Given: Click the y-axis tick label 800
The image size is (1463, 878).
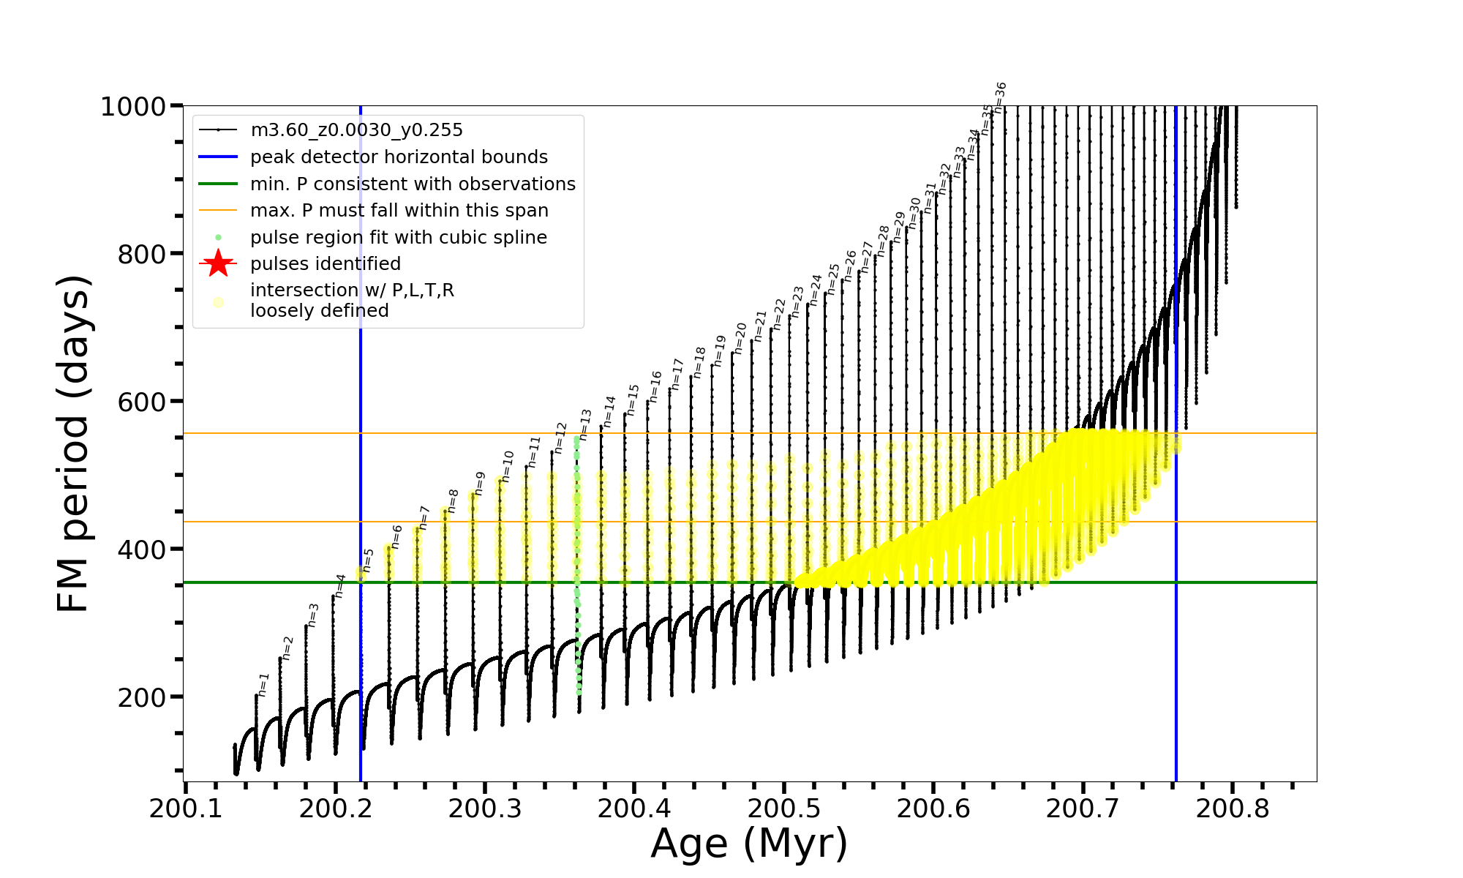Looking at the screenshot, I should (141, 255).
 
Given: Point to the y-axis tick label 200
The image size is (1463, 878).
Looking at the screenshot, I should (141, 698).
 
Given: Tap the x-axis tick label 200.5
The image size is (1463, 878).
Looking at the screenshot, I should (783, 808).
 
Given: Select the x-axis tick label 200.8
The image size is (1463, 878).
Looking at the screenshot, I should (1232, 808).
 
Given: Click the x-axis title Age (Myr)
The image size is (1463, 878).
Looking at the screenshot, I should (749, 844).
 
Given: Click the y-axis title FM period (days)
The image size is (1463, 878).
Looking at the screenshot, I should (74, 443).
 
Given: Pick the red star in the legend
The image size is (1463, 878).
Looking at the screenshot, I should (218, 263).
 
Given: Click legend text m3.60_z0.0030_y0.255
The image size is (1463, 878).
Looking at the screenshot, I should (356, 130).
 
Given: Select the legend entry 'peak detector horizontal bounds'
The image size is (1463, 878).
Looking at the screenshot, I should (399, 157).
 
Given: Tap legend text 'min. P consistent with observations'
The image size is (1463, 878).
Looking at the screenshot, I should (413, 184).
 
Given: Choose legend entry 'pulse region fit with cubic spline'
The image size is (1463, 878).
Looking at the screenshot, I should (398, 238).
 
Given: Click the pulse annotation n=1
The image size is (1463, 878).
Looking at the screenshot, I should (264, 684).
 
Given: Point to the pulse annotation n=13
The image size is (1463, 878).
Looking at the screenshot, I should (585, 424).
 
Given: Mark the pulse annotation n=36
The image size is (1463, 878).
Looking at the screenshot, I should (1000, 97).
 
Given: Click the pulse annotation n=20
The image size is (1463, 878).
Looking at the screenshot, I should (740, 338).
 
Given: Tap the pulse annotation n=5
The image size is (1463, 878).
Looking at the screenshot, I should (368, 560).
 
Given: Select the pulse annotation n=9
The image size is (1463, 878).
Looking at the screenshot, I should (480, 483).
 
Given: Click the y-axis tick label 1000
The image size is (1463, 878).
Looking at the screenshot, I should (133, 107).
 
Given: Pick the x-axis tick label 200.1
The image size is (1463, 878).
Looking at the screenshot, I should (185, 808).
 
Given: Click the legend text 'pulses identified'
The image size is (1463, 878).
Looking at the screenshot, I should (326, 264).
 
